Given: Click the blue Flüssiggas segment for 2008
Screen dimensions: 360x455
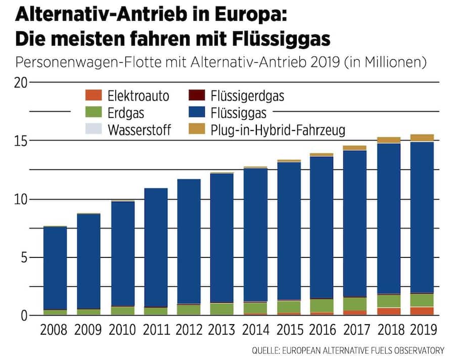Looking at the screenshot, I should tap(55, 268).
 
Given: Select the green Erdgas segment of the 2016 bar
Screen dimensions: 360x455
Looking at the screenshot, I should tap(322, 305).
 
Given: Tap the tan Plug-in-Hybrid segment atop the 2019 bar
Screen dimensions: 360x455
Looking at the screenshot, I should tap(422, 138).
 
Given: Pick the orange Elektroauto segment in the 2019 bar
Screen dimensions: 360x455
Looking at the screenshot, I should tap(422, 311).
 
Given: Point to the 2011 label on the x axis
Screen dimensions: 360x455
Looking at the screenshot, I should tap(155, 331).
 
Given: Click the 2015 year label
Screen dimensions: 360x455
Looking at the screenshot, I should tap(289, 331).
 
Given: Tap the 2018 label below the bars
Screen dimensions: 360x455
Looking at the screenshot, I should tap(389, 331).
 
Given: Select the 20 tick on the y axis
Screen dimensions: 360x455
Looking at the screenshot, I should tap(21, 82).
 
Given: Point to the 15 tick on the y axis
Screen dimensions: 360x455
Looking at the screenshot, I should tap(21, 141).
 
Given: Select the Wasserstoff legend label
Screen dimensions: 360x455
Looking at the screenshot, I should tap(140, 130).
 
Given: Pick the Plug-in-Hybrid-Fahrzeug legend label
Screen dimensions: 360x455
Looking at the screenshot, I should tap(278, 130).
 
